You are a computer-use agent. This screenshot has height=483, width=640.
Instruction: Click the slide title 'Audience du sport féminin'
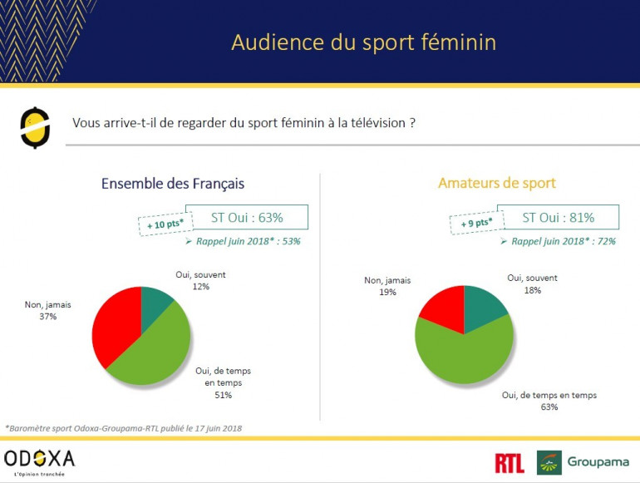pyautogui.click(x=363, y=42)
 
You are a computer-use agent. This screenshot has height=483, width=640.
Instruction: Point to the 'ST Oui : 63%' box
pyautogui.click(x=247, y=218)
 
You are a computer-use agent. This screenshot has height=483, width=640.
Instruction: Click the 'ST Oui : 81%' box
pyautogui.click(x=558, y=218)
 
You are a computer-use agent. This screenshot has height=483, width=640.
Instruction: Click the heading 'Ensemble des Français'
pyautogui.click(x=173, y=184)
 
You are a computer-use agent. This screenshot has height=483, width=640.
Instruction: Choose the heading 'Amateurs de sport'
pyautogui.click(x=497, y=183)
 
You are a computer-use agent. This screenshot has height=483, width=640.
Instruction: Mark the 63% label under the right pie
pyautogui.click(x=549, y=407)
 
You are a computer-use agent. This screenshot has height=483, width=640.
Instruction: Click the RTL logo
pyautogui.click(x=509, y=462)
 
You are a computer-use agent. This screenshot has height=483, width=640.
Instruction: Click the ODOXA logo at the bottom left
pyautogui.click(x=39, y=459)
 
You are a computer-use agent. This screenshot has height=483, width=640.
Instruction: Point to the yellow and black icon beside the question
pyautogui.click(x=34, y=128)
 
